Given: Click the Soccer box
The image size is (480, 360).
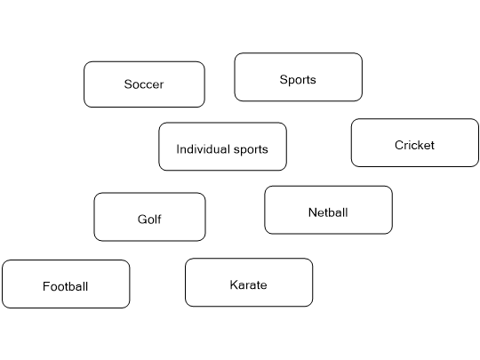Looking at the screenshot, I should pyautogui.click(x=144, y=84).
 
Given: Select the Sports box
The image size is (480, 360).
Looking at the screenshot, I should pyautogui.click(x=298, y=77).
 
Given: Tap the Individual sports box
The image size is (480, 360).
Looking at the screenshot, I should pyautogui.click(x=222, y=147).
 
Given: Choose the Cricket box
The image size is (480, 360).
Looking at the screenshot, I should pyautogui.click(x=414, y=143).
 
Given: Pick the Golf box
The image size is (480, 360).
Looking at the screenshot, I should pyautogui.click(x=149, y=217).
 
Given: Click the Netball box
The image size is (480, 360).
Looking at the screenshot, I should pyautogui.click(x=328, y=210).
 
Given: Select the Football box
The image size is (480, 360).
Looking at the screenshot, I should pyautogui.click(x=66, y=284).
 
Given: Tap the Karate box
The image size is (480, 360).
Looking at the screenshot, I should pyautogui.click(x=249, y=283).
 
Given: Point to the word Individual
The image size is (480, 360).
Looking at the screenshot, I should pyautogui.click(x=201, y=149).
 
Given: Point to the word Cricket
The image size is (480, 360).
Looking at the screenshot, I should pyautogui.click(x=414, y=145).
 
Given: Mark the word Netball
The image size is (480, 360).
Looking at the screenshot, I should pyautogui.click(x=328, y=212).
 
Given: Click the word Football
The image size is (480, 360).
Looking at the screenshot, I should pyautogui.click(x=66, y=286).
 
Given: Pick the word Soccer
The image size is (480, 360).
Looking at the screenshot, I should pyautogui.click(x=144, y=85).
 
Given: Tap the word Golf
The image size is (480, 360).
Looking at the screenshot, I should pyautogui.click(x=149, y=220).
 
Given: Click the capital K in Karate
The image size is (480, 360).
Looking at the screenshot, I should pyautogui.click(x=234, y=285).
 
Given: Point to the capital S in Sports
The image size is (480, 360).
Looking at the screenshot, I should pyautogui.click(x=284, y=80).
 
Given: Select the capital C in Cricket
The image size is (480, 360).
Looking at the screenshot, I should pyautogui.click(x=399, y=145).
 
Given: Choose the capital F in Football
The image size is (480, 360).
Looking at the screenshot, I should pyautogui.click(x=45, y=286).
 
